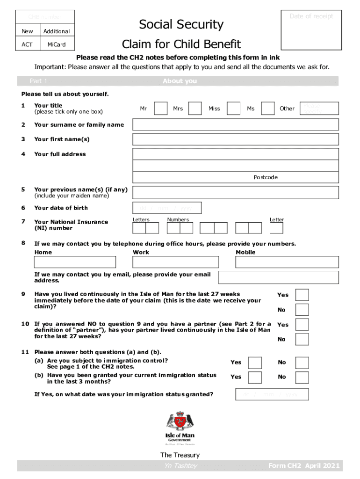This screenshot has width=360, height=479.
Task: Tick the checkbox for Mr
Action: (x=160, y=109)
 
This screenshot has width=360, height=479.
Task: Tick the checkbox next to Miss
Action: (x=233, y=109)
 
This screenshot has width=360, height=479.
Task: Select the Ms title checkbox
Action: (x=268, y=109)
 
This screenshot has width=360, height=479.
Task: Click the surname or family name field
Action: (x=236, y=124)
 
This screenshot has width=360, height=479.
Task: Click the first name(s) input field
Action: (x=236, y=139)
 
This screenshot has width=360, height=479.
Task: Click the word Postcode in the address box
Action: (x=266, y=177)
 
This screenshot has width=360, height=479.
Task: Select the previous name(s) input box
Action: (x=236, y=192)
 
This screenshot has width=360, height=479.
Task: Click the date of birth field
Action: (x=167, y=208)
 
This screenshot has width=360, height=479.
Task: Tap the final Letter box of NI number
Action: (x=277, y=228)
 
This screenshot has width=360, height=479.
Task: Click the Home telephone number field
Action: (x=75, y=262)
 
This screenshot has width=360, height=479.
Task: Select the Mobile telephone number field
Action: (x=287, y=262)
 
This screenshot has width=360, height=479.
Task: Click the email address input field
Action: (x=278, y=277)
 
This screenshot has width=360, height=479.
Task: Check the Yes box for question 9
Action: (x=302, y=295)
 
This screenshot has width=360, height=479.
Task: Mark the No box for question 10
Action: (x=302, y=339)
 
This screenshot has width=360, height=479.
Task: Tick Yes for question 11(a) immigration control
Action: (x=255, y=363)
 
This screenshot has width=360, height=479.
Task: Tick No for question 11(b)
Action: (x=302, y=377)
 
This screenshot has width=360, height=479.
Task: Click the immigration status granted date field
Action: (x=272, y=394)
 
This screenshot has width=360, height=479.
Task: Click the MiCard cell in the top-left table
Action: (x=57, y=44)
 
